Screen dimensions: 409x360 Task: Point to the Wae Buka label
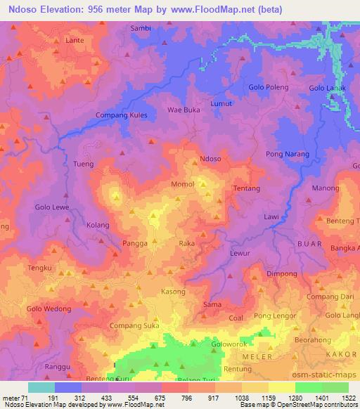(183, 110)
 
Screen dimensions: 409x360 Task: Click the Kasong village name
(173, 292)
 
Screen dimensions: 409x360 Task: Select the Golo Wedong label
(49, 309)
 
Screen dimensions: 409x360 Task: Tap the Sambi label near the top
(141, 28)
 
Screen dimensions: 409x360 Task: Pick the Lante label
(75, 40)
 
